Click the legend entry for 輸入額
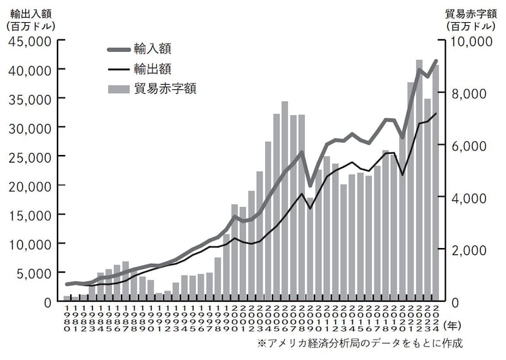point(152,49)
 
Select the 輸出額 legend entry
point(152,68)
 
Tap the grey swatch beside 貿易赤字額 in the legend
point(118,89)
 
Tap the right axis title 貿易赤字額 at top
point(471,13)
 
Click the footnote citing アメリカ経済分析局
point(360,344)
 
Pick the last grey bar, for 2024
point(436,183)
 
